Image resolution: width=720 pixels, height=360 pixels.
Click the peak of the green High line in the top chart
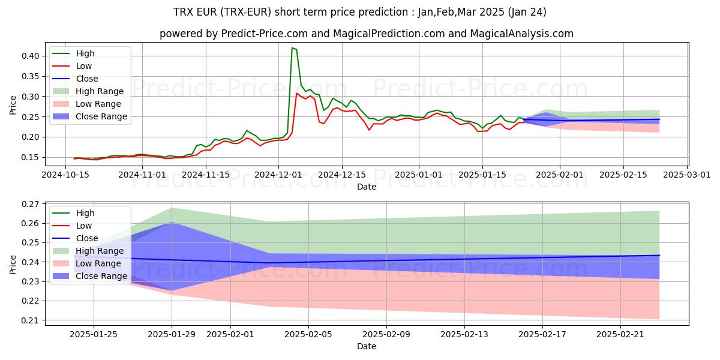(292, 48)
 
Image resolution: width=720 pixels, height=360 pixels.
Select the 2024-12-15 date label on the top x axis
(342, 175)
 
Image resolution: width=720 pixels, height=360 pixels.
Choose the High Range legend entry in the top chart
(99, 91)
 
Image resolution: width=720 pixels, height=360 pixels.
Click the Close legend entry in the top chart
(87, 79)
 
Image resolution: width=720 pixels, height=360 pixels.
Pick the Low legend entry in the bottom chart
(84, 226)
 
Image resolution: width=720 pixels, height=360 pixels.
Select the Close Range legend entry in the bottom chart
(101, 276)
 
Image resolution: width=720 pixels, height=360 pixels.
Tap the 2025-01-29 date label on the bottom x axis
(172, 334)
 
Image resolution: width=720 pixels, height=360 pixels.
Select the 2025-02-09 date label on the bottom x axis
(386, 334)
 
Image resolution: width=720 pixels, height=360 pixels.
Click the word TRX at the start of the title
(183, 12)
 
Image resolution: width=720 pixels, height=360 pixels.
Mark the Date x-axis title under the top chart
(366, 187)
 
